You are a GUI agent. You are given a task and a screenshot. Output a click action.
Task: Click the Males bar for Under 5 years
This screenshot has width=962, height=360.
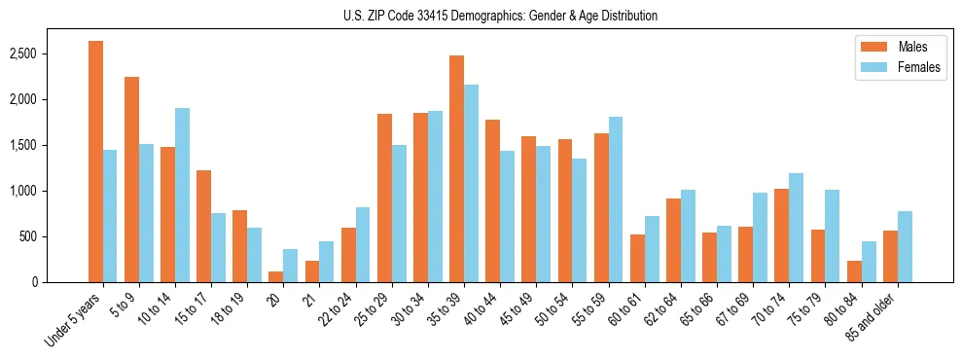95,162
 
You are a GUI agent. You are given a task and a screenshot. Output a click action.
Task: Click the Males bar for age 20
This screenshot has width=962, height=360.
276,276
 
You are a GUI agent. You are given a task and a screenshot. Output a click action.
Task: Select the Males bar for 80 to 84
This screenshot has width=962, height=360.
854,271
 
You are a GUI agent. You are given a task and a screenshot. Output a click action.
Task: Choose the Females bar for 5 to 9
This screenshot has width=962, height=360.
146,213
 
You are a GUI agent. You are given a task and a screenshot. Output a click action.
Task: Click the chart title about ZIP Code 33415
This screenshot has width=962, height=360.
500,16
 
